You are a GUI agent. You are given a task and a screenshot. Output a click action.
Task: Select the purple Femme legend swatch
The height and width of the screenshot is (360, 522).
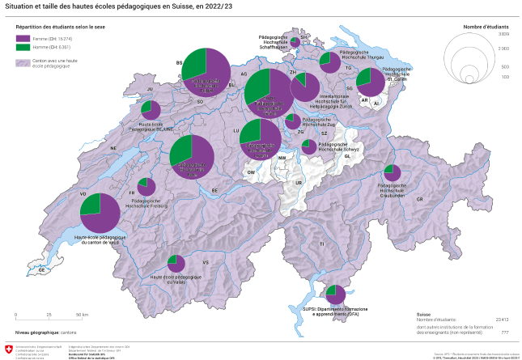pyautogui.click(x=23, y=38)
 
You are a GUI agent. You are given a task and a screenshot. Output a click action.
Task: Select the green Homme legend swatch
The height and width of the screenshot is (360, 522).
pyautogui.click(x=23, y=47)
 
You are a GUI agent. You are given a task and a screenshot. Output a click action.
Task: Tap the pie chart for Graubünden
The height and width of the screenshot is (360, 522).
pyautogui.click(x=393, y=172)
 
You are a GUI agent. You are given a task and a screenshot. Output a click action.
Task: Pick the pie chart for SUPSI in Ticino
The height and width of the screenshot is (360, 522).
pyautogui.click(x=335, y=295)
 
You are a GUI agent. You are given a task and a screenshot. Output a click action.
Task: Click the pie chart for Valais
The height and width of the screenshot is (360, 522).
pyautogui.click(x=176, y=264)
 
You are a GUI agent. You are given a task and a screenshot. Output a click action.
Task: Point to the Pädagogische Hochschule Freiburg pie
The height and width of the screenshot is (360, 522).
pyautogui.click(x=146, y=187)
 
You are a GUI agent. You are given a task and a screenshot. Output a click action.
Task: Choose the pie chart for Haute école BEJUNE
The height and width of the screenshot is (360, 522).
pyautogui.click(x=150, y=111)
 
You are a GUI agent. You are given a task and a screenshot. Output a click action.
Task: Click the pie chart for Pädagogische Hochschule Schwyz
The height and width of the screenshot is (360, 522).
pyautogui.click(x=308, y=146)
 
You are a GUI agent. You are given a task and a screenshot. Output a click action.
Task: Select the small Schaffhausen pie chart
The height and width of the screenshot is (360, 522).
pyautogui.click(x=297, y=38)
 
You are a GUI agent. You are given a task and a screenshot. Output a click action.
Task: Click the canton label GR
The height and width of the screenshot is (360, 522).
pyautogui.click(x=419, y=199)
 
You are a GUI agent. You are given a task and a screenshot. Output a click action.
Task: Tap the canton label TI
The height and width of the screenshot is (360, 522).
pyautogui.click(x=321, y=244)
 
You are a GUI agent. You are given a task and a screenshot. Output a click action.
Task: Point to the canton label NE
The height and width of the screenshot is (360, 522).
pyautogui.click(x=113, y=148)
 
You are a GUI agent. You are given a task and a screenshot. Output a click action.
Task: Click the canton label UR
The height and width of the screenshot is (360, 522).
pyautogui.click(x=298, y=183)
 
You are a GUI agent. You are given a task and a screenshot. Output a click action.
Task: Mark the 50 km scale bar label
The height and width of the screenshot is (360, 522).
pyautogui.click(x=82, y=314)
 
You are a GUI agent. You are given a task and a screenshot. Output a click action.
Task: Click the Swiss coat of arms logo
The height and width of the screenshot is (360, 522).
pyautogui.click(x=9, y=349)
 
